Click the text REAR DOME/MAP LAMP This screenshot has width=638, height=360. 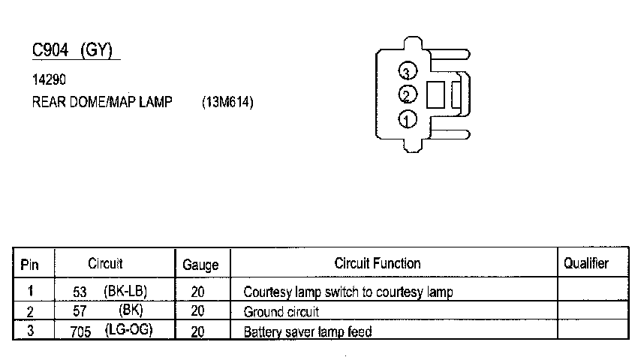click(x=102, y=103)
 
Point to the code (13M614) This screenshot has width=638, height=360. click(x=227, y=103)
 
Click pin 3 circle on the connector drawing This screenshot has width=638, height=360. click(x=407, y=72)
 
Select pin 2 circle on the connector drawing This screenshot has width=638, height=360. click(x=407, y=95)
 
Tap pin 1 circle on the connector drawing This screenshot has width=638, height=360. click(x=407, y=118)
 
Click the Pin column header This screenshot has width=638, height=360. click(x=29, y=264)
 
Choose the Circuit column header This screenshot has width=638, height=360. click(x=105, y=263)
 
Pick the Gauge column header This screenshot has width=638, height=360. click(x=200, y=265)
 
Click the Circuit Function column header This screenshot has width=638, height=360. click(x=377, y=263)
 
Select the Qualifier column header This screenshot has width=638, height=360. click(x=585, y=263)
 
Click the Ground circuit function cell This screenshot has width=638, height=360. click(x=281, y=311)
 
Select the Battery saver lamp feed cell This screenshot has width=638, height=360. click(x=308, y=331)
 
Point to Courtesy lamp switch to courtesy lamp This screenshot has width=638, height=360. click(x=348, y=292)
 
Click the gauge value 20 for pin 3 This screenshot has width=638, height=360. click(x=198, y=331)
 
